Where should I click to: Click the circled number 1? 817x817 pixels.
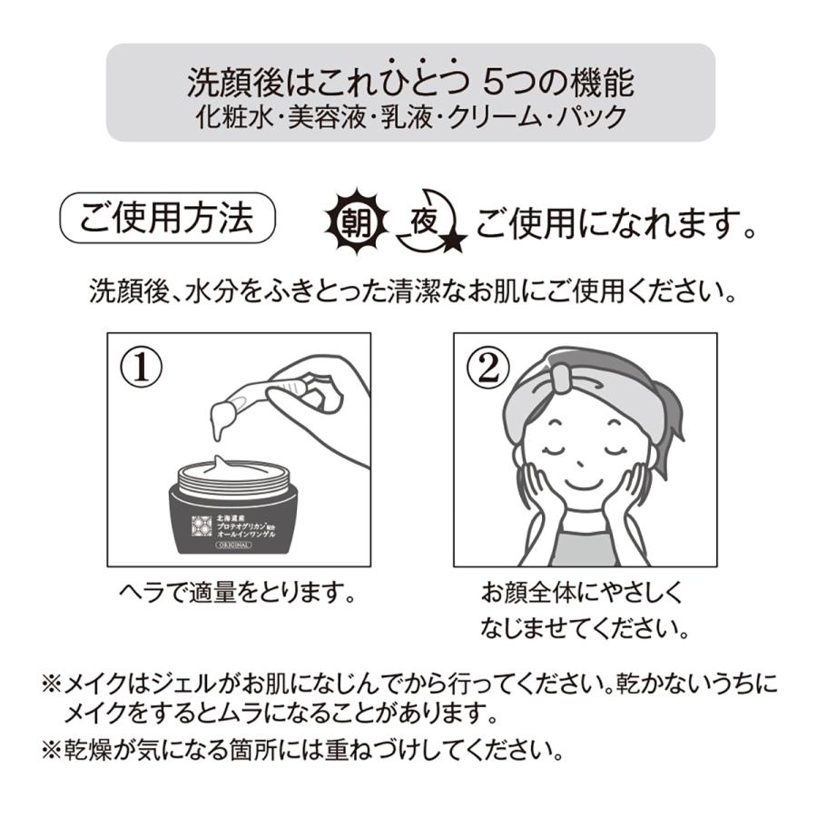(140, 367)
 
